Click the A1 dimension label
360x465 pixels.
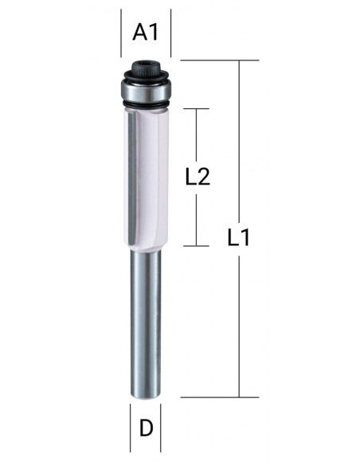point(145,33)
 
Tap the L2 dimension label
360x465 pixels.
point(198,177)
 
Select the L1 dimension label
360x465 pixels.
point(238,237)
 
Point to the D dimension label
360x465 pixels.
point(146,428)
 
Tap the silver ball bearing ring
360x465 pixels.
point(146,92)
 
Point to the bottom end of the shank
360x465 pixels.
point(146,397)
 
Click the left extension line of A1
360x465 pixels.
point(121,33)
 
